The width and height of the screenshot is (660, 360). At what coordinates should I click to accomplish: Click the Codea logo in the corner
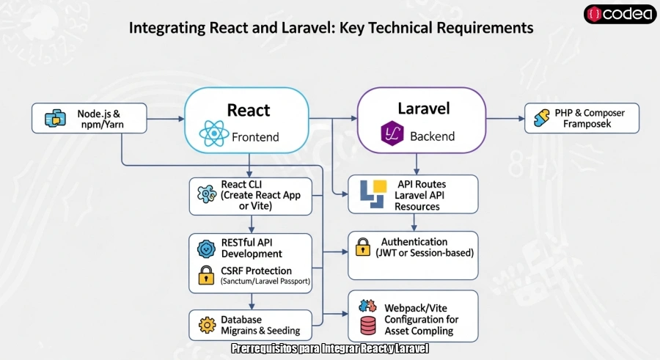(620, 14)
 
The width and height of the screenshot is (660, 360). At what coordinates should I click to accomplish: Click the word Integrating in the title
(167, 29)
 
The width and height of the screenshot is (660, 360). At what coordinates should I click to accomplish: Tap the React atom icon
(213, 135)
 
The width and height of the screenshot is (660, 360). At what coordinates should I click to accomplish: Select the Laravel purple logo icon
(389, 135)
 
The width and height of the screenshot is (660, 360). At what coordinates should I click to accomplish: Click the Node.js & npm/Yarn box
(89, 118)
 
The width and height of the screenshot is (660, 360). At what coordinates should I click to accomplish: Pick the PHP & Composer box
(582, 118)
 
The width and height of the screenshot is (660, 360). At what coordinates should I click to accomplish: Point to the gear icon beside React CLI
(206, 195)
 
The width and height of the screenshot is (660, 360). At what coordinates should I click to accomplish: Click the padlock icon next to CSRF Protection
(205, 276)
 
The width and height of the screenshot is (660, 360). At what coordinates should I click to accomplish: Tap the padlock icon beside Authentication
(362, 248)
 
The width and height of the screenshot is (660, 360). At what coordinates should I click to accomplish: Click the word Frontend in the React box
(255, 136)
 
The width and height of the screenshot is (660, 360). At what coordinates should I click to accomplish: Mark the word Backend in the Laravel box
(432, 136)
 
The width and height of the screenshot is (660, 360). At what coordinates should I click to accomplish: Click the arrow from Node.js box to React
(165, 118)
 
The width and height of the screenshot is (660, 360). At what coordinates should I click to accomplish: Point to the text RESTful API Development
(252, 248)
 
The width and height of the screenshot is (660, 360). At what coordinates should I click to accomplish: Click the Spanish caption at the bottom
(329, 348)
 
